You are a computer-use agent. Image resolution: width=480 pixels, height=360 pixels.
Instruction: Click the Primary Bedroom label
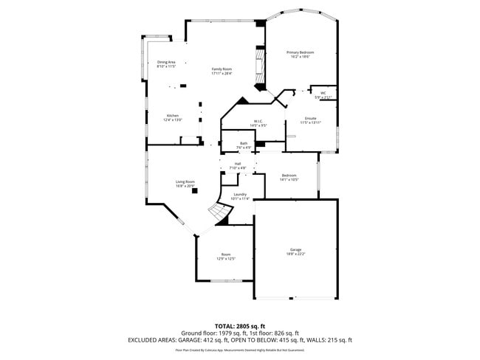pos(301,52)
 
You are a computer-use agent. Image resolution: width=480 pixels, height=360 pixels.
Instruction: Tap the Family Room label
pos(222,69)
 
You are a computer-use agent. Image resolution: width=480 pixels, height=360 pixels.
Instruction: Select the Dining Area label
pos(166,62)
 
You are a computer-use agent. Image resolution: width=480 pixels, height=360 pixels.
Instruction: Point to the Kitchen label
pos(172,116)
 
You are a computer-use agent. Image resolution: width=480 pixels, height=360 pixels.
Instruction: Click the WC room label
pos(323,93)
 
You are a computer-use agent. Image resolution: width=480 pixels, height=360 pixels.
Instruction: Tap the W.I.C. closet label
pos(258,122)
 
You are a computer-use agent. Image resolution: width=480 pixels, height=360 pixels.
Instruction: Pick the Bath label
pos(243,143)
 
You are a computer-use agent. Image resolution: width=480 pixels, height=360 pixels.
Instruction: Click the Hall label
pos(238,164)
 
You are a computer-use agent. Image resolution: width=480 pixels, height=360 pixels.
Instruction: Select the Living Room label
pos(185,181)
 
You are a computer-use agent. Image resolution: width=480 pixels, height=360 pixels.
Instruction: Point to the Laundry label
pos(240,194)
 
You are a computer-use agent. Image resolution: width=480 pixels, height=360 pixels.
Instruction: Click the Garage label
pos(295,249)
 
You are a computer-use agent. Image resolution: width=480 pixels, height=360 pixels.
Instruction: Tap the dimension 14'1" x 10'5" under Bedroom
pos(289,180)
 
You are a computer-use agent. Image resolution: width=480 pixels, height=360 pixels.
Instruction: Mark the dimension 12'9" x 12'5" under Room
pos(225,259)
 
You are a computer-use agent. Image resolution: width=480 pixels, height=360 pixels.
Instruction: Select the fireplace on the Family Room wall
pos(258,68)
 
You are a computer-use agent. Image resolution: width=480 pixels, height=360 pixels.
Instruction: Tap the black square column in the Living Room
pos(195,190)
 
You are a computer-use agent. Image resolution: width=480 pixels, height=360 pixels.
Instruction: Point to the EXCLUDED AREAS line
pos(240,340)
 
